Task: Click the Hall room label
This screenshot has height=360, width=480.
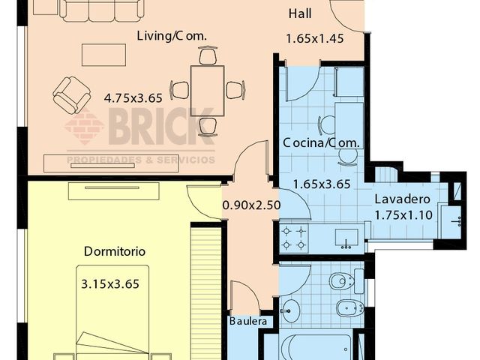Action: coord(300,14)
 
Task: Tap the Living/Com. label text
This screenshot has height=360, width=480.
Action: coord(172,36)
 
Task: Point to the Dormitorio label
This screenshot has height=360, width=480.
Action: coord(115,252)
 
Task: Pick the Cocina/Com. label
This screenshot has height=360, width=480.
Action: coord(321,142)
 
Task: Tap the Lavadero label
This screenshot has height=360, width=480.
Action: coord(403,199)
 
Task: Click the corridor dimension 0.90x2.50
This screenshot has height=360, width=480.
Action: coord(251,204)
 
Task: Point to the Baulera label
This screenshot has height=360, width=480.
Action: coord(247,321)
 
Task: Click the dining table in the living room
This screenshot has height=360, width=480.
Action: coord(207,90)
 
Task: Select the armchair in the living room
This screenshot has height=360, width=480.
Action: coord(72,94)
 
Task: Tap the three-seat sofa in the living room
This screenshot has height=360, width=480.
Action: coord(101,10)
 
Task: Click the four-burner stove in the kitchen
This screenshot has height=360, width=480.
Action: coord(293,238)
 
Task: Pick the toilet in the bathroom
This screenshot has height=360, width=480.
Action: coord(343,281)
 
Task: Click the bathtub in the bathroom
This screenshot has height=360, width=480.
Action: coord(315,347)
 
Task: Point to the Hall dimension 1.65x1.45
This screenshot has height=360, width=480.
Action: coord(314,38)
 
